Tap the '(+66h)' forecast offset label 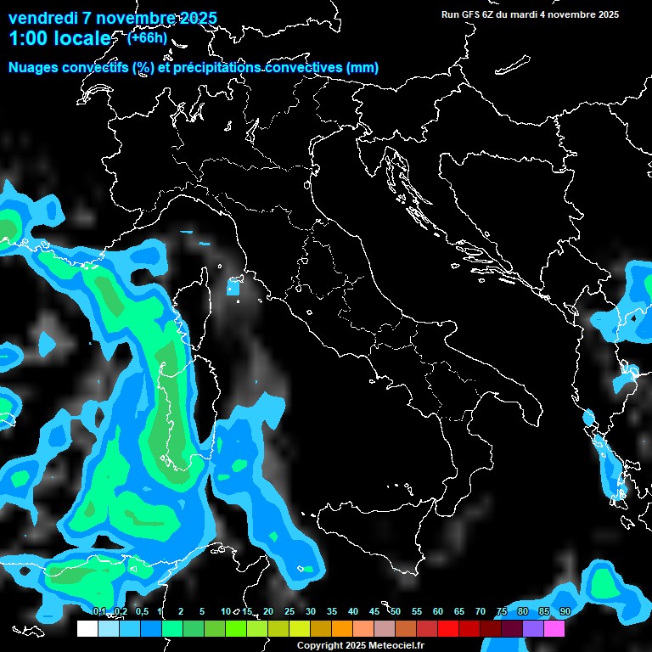147,37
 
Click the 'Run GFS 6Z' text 470,14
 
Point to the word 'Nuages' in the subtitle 35,68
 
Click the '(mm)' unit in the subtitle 363,68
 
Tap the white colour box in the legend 87,628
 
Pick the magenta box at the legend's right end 554,628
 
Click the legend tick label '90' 565,612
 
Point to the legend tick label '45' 374,612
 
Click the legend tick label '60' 438,612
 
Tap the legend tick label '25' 289,612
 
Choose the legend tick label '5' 202,612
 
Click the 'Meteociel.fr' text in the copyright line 397,645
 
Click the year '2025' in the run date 607,14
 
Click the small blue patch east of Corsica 233,289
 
